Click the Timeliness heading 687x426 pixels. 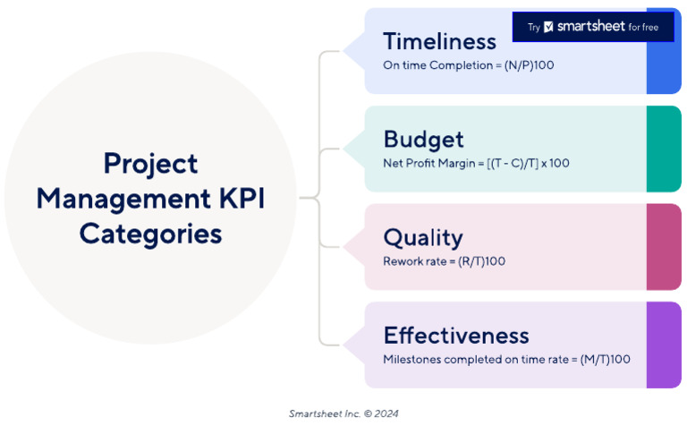439,41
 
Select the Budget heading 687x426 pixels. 423,140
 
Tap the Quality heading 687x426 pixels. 422,237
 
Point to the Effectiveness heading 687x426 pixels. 456,336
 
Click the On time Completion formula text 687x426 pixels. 469,65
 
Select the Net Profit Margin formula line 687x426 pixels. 476,164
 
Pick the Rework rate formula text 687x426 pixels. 444,261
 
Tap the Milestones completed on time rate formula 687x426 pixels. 506,360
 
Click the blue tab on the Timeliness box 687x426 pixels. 664,67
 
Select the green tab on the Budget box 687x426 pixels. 664,149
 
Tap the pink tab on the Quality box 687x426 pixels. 664,246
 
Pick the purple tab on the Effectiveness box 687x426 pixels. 664,345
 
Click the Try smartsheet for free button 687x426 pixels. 592,27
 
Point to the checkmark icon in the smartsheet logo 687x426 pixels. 548,28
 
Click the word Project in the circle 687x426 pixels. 150,164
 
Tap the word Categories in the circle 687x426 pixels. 150,234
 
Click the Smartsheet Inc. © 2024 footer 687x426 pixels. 343,413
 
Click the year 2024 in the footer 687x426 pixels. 386,413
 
